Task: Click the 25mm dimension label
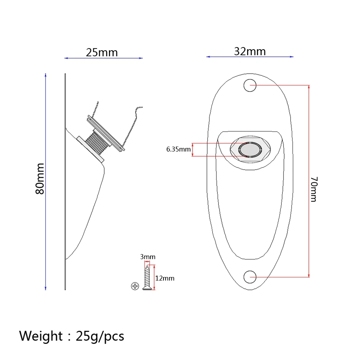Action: (x=102, y=52)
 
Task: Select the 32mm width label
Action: (x=250, y=51)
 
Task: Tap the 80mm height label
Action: (x=40, y=179)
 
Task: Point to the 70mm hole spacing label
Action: (x=313, y=189)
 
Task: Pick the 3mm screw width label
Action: (x=148, y=257)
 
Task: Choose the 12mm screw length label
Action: (x=165, y=278)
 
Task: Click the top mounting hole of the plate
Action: (x=250, y=86)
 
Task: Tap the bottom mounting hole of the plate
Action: (x=250, y=277)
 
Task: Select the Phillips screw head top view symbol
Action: (x=135, y=286)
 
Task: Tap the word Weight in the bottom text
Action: (x=41, y=336)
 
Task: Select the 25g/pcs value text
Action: (x=100, y=336)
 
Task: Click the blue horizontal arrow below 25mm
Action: (x=103, y=58)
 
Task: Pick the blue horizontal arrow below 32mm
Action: (x=250, y=57)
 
